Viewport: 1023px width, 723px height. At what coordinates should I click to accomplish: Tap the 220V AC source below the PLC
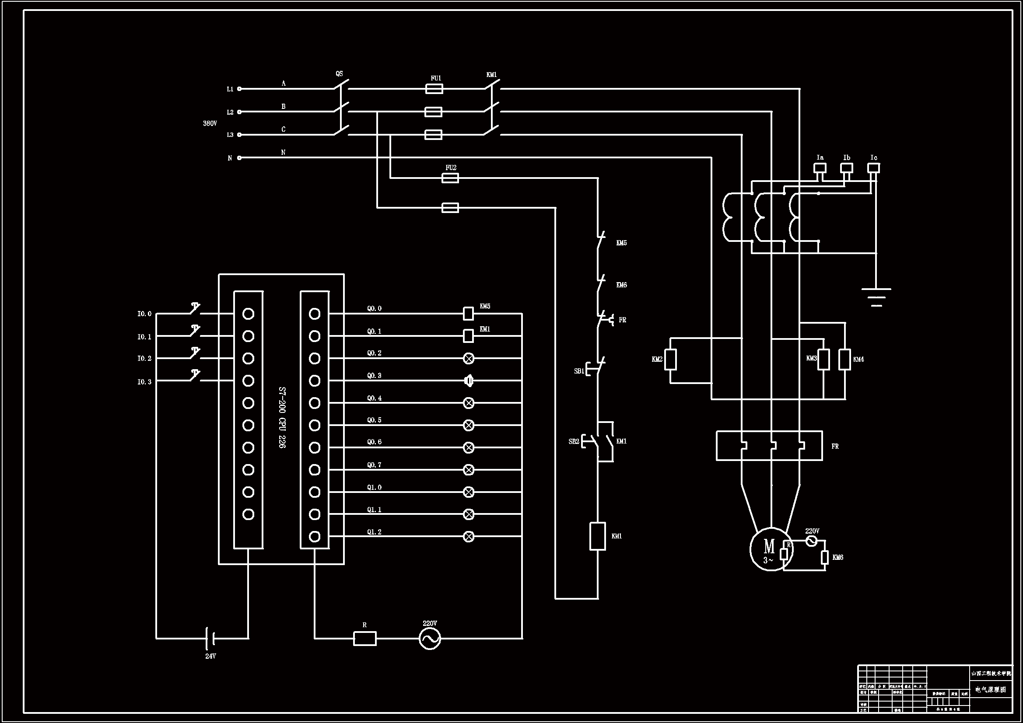point(430,638)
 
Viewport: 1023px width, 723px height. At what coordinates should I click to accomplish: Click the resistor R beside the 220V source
point(364,638)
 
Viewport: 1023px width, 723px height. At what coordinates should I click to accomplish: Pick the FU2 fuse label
point(451,168)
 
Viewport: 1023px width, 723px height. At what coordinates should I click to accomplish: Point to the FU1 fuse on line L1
point(434,89)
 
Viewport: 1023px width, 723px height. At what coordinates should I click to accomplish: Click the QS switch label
point(339,74)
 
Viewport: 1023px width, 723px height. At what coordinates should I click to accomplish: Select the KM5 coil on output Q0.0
point(468,313)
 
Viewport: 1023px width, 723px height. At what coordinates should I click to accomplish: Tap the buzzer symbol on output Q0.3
point(468,381)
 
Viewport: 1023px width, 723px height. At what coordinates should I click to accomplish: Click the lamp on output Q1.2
point(468,536)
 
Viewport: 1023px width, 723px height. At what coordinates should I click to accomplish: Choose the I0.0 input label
point(144,314)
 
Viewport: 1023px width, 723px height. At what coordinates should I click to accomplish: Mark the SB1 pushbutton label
point(579,371)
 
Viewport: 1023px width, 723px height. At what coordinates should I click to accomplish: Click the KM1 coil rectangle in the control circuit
point(598,536)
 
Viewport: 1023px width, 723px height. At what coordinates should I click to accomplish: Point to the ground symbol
point(876,297)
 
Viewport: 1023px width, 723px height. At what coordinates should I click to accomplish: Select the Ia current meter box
point(820,168)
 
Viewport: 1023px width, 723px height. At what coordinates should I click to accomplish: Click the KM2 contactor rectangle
point(671,360)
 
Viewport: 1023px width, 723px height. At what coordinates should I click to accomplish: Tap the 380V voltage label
point(210,123)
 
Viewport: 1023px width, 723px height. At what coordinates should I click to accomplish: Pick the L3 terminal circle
point(239,135)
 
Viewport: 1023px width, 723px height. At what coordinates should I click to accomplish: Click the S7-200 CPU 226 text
point(282,417)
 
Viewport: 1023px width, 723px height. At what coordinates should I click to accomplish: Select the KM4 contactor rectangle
point(844,360)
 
